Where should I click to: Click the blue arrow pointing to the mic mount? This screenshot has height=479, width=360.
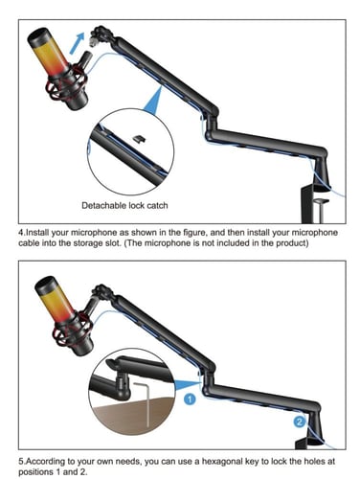(x=77, y=42)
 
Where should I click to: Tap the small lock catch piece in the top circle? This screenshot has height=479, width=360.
(x=140, y=139)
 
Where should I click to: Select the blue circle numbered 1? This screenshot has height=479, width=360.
(x=190, y=399)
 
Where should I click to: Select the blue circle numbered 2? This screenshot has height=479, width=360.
(x=300, y=422)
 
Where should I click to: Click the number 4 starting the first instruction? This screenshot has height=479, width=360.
(x=21, y=233)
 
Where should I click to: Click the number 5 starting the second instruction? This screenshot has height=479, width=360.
(x=21, y=462)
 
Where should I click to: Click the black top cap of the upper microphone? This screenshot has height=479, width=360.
(x=38, y=36)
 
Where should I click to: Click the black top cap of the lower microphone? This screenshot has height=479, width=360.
(x=46, y=285)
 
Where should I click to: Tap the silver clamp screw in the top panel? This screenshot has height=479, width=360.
(x=320, y=209)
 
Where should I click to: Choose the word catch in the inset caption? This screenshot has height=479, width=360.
(x=157, y=205)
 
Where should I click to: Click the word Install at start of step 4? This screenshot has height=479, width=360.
(x=37, y=233)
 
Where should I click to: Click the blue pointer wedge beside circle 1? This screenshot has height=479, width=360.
(x=186, y=384)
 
